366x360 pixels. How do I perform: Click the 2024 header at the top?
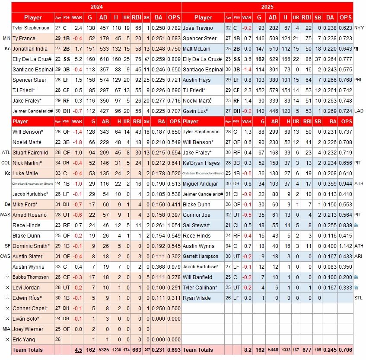click(96, 7)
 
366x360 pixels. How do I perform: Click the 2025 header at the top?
click(267, 7)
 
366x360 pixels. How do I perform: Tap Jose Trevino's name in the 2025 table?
click(198, 28)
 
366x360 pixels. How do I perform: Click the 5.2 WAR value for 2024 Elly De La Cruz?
click(78, 59)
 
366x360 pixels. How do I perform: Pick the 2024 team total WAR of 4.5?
click(78, 350)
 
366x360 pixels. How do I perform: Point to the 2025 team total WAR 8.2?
click(247, 350)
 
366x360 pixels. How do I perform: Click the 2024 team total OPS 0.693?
click(174, 350)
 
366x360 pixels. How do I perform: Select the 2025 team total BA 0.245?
click(330, 350)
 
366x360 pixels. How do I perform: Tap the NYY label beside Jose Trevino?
click(359, 28)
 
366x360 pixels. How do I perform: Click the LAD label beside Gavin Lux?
click(359, 111)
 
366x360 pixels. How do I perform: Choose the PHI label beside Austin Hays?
click(359, 80)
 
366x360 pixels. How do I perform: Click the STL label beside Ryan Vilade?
click(359, 298)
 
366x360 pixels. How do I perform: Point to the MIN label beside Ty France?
click(6, 39)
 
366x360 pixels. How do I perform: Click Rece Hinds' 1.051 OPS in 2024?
click(174, 225)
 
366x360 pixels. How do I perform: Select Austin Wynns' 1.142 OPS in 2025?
click(345, 246)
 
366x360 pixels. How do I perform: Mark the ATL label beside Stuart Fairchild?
click(6, 153)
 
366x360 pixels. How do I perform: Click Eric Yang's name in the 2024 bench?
click(23, 340)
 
